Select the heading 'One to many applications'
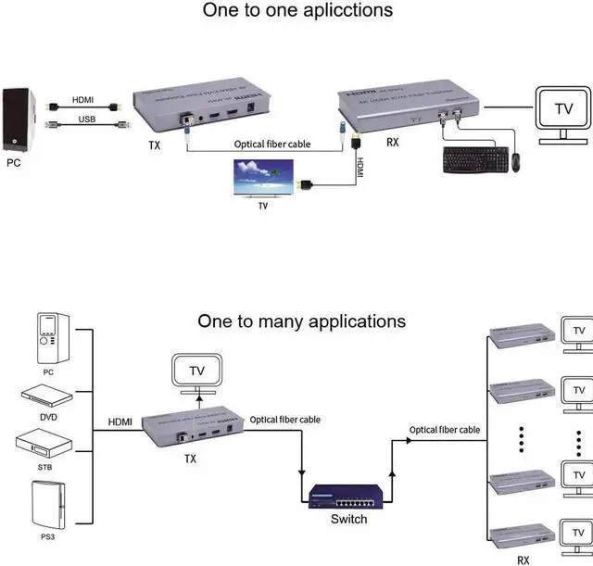[301, 321]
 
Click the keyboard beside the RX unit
[476, 160]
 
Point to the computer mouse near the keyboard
[517, 161]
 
